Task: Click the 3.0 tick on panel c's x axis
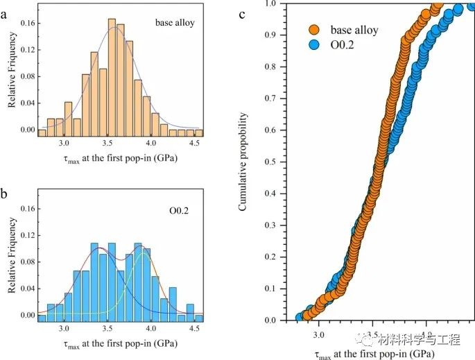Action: [x=318, y=334]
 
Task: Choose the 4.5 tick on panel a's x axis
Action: [x=195, y=144]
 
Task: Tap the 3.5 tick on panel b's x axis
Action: [x=107, y=329]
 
